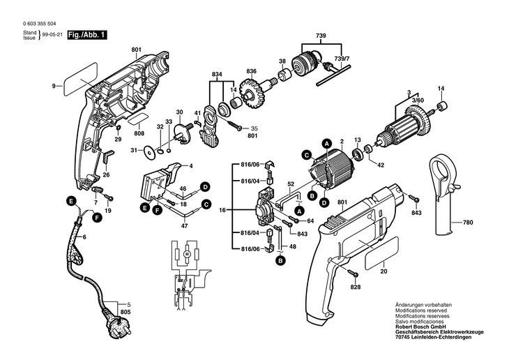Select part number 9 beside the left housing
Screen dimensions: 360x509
point(52,86)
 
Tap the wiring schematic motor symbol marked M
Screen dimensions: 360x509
point(187,257)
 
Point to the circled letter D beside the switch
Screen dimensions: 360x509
point(206,186)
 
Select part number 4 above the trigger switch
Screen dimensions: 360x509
point(191,166)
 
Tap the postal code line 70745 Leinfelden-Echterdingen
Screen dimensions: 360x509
point(432,337)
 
